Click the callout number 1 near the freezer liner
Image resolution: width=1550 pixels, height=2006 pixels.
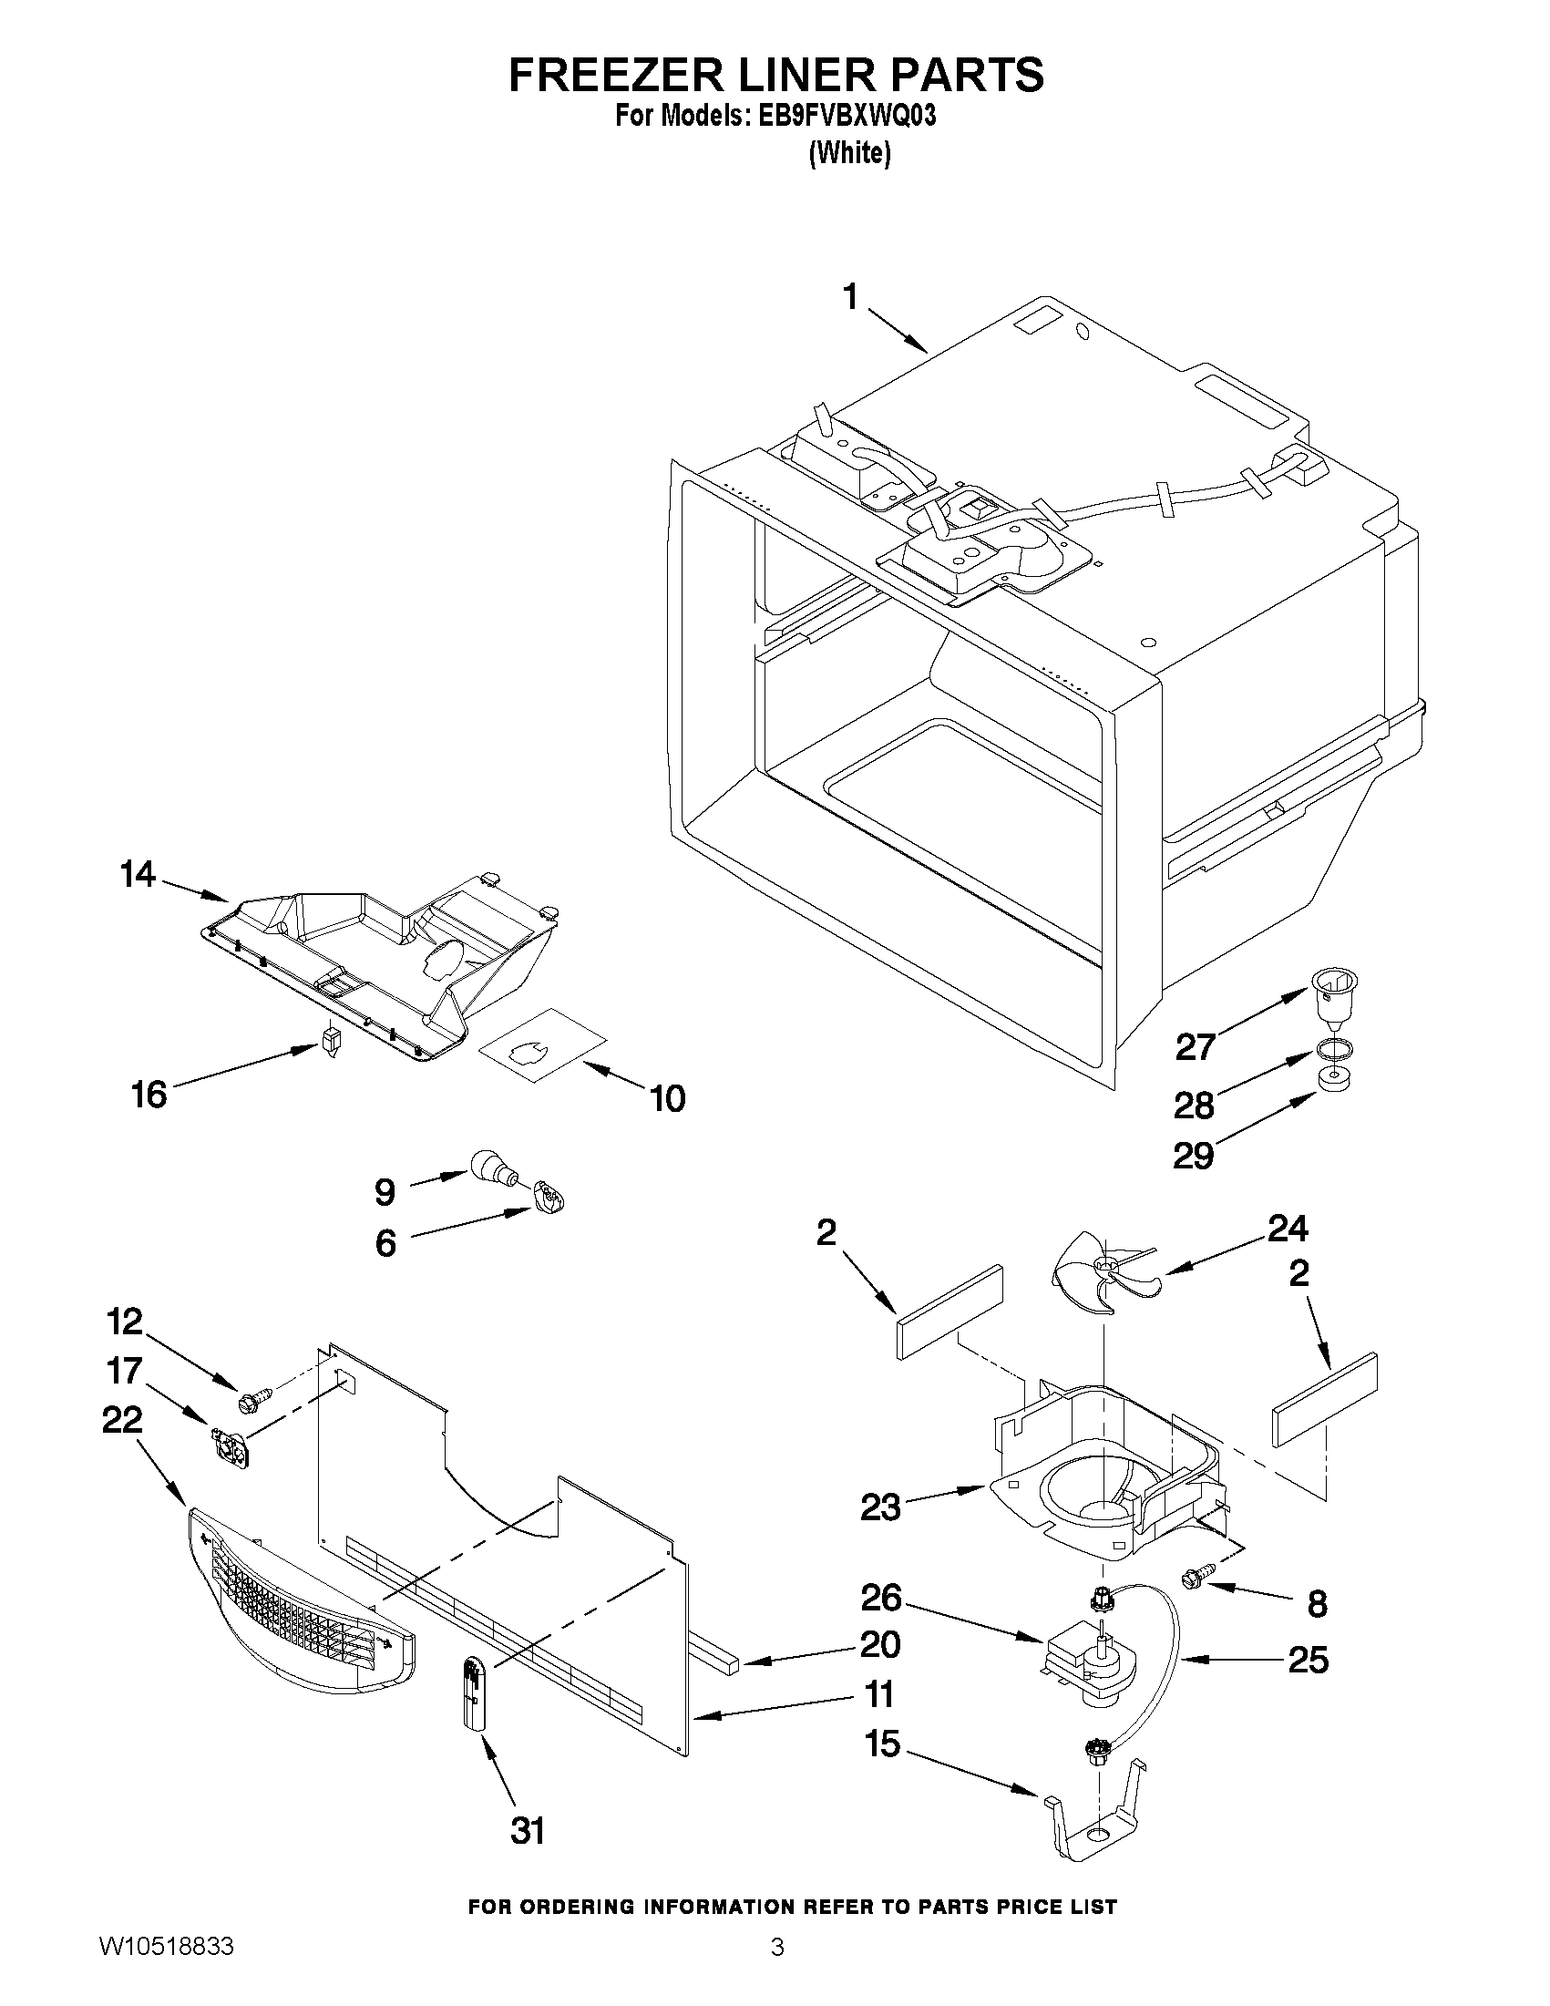point(850,299)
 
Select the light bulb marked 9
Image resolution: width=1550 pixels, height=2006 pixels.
point(494,1168)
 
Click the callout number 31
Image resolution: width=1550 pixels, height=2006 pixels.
point(527,1832)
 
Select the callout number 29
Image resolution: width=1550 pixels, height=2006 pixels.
point(1194,1156)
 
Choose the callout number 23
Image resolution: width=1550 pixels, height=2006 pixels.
point(879,1507)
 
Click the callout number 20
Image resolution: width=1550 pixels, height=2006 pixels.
point(878,1641)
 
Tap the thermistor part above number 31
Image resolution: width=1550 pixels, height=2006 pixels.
point(474,1693)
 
